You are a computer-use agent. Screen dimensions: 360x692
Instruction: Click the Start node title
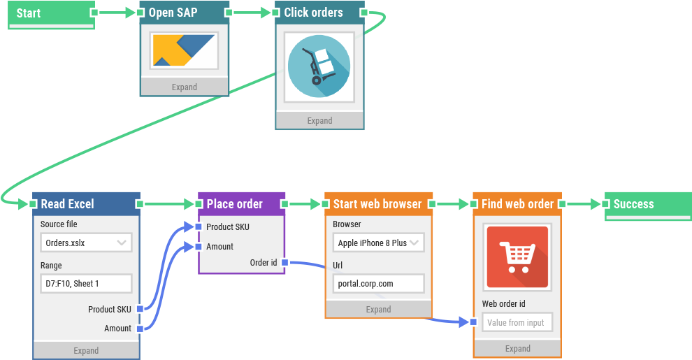click(29, 13)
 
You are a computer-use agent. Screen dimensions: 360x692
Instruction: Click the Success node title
click(633, 204)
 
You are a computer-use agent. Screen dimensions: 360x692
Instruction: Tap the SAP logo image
click(185, 51)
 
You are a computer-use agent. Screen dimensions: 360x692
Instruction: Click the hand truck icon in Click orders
click(319, 67)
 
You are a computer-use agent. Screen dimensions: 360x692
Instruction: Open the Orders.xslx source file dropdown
click(86, 243)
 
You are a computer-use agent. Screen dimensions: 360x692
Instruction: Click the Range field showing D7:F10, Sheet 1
click(86, 283)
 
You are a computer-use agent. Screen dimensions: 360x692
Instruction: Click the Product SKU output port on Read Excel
click(140, 309)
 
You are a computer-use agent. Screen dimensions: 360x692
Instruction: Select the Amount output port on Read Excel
click(140, 329)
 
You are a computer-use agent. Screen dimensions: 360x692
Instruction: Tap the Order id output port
click(285, 263)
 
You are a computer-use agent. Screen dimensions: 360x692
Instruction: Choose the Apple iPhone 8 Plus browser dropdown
click(378, 243)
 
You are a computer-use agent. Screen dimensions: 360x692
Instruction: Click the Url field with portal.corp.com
click(378, 283)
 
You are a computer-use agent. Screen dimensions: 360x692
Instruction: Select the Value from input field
click(517, 322)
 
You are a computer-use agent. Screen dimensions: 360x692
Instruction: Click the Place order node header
click(235, 204)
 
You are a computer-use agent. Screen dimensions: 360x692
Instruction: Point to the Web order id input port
click(473, 322)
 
